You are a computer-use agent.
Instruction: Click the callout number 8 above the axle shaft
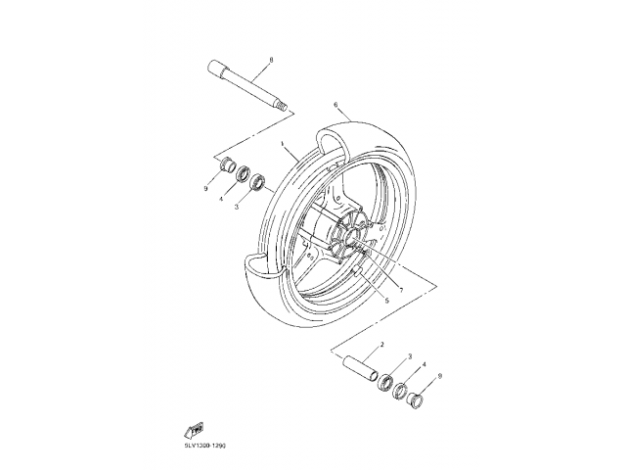coord(271,61)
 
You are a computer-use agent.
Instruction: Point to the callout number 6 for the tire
coord(335,104)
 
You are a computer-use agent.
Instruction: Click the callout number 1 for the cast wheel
coord(282,143)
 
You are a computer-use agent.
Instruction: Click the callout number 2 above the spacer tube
coord(380,346)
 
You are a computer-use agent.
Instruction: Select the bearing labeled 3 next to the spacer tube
coord(387,380)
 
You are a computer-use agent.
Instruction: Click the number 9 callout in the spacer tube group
coord(440,376)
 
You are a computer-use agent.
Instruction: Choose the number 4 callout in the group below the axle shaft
coord(222,200)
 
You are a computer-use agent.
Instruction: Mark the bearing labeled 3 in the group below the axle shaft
coord(258,182)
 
